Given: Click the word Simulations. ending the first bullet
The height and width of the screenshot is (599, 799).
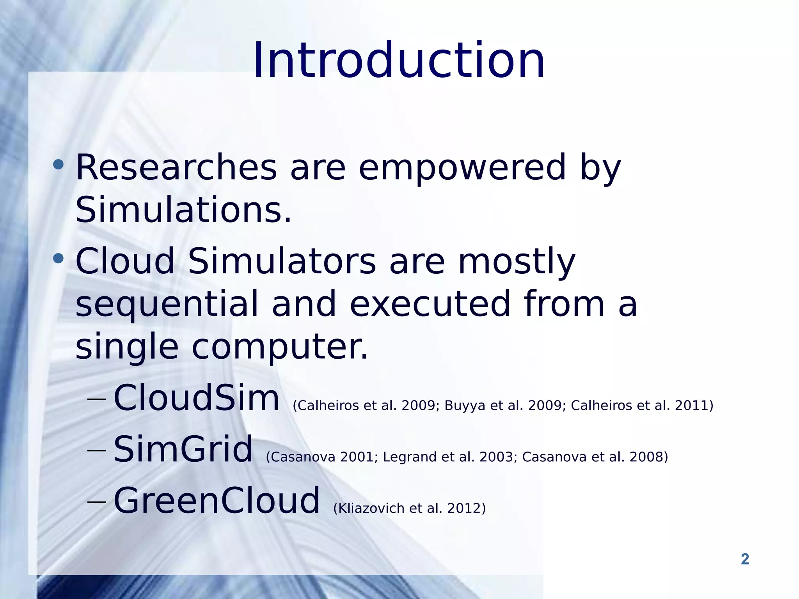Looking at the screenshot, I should click(183, 211).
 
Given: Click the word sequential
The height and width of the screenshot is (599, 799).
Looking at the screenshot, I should click(167, 304).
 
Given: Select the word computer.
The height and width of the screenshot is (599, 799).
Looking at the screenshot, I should click(280, 347).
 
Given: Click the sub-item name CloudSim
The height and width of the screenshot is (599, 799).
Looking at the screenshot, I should click(196, 398).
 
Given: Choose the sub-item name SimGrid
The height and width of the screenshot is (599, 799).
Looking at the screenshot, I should click(183, 450).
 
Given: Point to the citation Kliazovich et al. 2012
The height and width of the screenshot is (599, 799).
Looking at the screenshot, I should click(410, 509).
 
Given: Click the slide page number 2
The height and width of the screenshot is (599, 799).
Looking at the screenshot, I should click(745, 559).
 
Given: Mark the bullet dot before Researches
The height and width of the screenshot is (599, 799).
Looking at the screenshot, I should click(58, 164).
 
